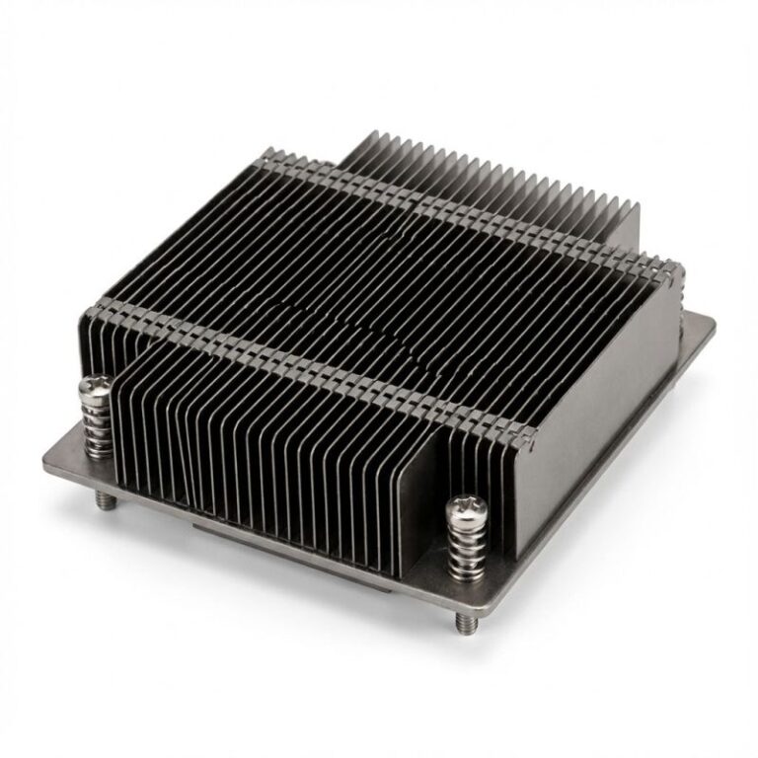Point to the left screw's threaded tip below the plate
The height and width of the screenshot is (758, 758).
pos(107,500)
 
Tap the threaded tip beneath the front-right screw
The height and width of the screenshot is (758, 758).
pos(463,622)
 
